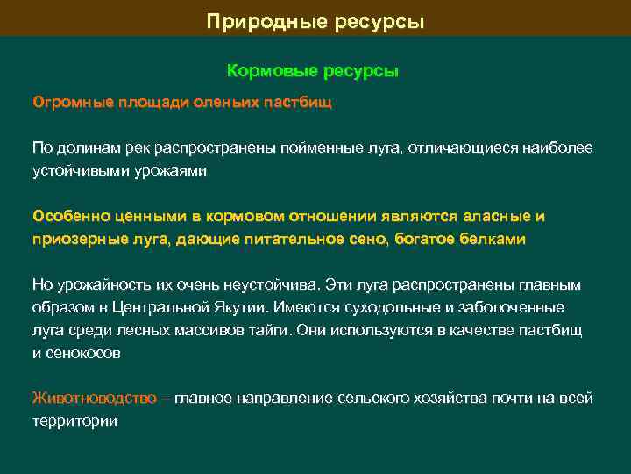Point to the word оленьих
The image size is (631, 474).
tap(235, 103)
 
